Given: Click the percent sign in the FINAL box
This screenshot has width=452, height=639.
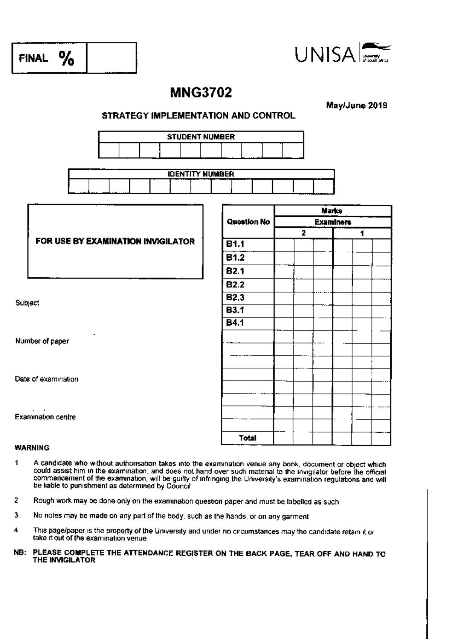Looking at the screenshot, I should (67, 58).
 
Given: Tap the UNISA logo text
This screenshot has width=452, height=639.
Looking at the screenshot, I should (325, 55).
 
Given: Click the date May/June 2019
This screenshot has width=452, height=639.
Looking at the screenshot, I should (356, 105).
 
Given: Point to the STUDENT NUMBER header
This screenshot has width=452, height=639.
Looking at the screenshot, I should (201, 137).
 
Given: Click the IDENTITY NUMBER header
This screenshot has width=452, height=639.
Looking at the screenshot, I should (201, 174).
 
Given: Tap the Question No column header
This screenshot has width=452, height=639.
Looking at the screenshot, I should (248, 222).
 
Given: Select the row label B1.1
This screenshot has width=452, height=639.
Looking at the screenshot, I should (235, 244).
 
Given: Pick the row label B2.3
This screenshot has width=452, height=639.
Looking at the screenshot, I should (235, 298).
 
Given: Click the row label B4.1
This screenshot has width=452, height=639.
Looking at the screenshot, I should (235, 323).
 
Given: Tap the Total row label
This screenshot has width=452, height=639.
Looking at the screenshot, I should (247, 438).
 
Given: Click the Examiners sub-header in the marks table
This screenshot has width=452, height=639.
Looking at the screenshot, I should (333, 222).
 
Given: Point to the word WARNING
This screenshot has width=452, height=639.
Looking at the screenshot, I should (32, 448).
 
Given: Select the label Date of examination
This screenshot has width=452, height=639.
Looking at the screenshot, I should (47, 379).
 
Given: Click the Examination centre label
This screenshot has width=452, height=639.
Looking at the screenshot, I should (45, 417).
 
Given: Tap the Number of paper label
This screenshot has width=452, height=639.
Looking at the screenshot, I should (42, 341).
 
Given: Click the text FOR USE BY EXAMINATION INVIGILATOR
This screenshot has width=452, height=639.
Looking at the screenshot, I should (115, 242).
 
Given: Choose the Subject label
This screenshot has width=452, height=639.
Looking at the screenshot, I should (27, 303).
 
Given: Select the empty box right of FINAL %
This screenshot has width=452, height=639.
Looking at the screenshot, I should (111, 58).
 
